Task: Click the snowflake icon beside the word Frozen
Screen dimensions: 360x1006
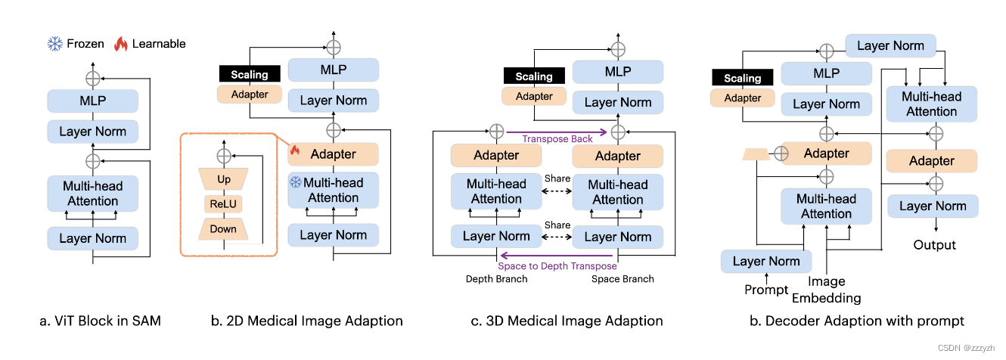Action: click(x=55, y=43)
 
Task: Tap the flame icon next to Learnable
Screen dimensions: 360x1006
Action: click(x=120, y=43)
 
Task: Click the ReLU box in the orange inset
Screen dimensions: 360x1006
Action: click(x=222, y=204)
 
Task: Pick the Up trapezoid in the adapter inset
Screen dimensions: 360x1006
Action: click(x=222, y=179)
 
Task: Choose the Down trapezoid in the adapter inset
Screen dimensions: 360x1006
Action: click(x=222, y=228)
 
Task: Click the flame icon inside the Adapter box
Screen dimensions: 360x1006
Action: click(x=295, y=152)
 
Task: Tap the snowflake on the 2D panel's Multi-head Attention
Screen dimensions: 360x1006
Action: click(x=294, y=182)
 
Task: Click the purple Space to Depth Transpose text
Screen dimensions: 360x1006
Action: click(x=557, y=265)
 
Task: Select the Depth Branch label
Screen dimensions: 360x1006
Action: click(x=495, y=279)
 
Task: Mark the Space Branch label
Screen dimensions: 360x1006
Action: click(x=622, y=279)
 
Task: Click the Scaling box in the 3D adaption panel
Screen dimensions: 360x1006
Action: click(x=534, y=76)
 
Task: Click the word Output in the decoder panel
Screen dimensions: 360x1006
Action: click(x=934, y=245)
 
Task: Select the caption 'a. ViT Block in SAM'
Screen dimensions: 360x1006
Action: click(x=100, y=321)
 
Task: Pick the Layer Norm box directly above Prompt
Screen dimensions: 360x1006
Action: click(x=766, y=261)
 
